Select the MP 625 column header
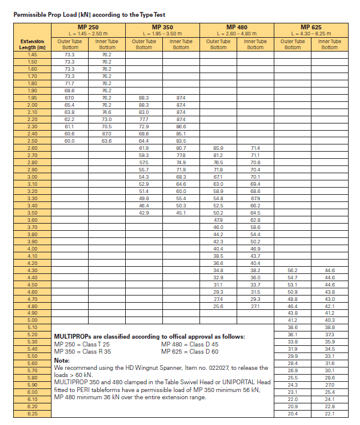click(311, 27)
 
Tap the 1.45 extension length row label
click(32, 54)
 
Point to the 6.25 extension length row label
click(32, 414)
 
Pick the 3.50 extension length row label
click(32, 213)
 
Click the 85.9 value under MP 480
click(218, 147)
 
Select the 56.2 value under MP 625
click(292, 270)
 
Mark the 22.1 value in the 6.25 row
click(329, 414)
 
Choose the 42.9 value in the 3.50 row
click(144, 213)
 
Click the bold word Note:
click(62, 360)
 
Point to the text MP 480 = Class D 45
click(190, 345)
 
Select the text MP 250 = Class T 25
click(82, 345)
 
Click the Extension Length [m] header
click(32, 44)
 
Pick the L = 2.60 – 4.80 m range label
click(237, 34)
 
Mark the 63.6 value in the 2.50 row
click(107, 140)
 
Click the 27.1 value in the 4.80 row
click(255, 306)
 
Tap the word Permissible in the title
click(30, 13)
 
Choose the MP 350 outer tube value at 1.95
click(144, 97)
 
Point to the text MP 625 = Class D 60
click(190, 351)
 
